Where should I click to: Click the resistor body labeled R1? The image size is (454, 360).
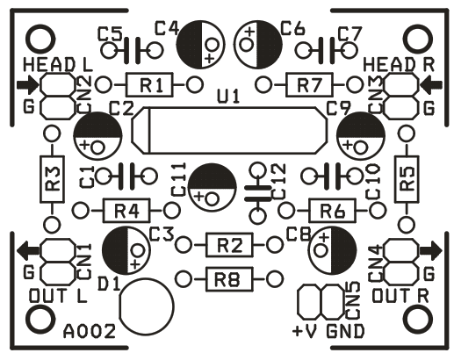pos(149,85)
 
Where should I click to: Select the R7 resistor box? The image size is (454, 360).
pos(309,85)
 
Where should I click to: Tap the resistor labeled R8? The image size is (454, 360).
pos(229,279)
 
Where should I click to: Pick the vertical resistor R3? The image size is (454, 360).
pos(52,179)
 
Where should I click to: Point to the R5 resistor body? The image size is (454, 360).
pos(407,179)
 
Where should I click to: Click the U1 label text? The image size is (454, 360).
pos(228,97)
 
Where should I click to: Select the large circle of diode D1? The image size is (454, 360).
pos(147,306)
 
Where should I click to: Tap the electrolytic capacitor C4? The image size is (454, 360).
pos(200,45)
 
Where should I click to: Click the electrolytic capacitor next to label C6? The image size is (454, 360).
pos(258,45)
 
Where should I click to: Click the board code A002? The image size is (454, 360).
pos(90,331)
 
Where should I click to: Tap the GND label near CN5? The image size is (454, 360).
pos(346,331)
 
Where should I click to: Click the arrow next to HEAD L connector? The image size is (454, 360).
pos(28,85)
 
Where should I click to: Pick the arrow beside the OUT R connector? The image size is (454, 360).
pos(431,251)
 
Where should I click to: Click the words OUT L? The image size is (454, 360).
pos(58,296)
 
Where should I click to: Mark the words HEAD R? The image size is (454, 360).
pos(399,65)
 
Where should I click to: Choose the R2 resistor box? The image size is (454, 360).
pos(229,245)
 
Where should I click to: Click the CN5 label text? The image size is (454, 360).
pos(352,300)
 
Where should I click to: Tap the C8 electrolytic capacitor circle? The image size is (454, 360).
pos(333,251)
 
